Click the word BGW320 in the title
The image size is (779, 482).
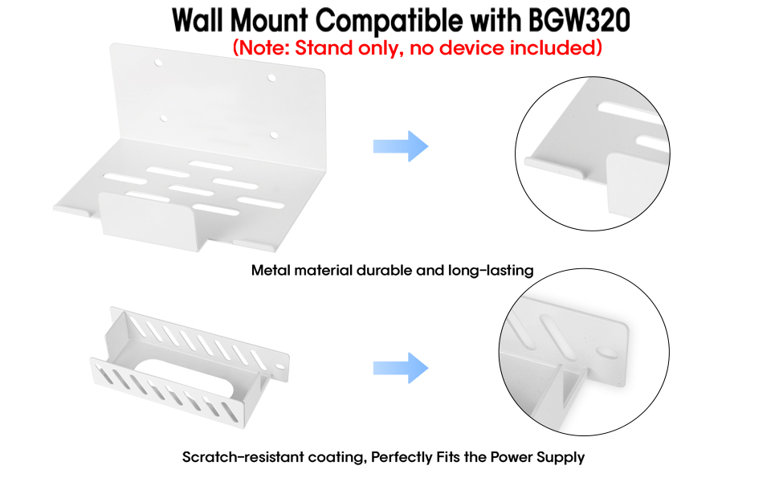[x=579, y=21]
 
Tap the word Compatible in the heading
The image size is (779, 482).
[x=389, y=22]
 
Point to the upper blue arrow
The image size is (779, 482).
[x=401, y=146]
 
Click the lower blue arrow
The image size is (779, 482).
[x=401, y=368]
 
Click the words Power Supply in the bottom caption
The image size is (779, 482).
[x=537, y=457]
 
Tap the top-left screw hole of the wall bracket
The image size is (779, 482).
[x=158, y=63]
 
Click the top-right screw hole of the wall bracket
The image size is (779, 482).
[x=271, y=78]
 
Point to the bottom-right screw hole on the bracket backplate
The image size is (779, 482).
[x=274, y=135]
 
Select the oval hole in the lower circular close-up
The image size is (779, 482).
[x=608, y=353]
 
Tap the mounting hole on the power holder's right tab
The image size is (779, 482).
[x=279, y=368]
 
